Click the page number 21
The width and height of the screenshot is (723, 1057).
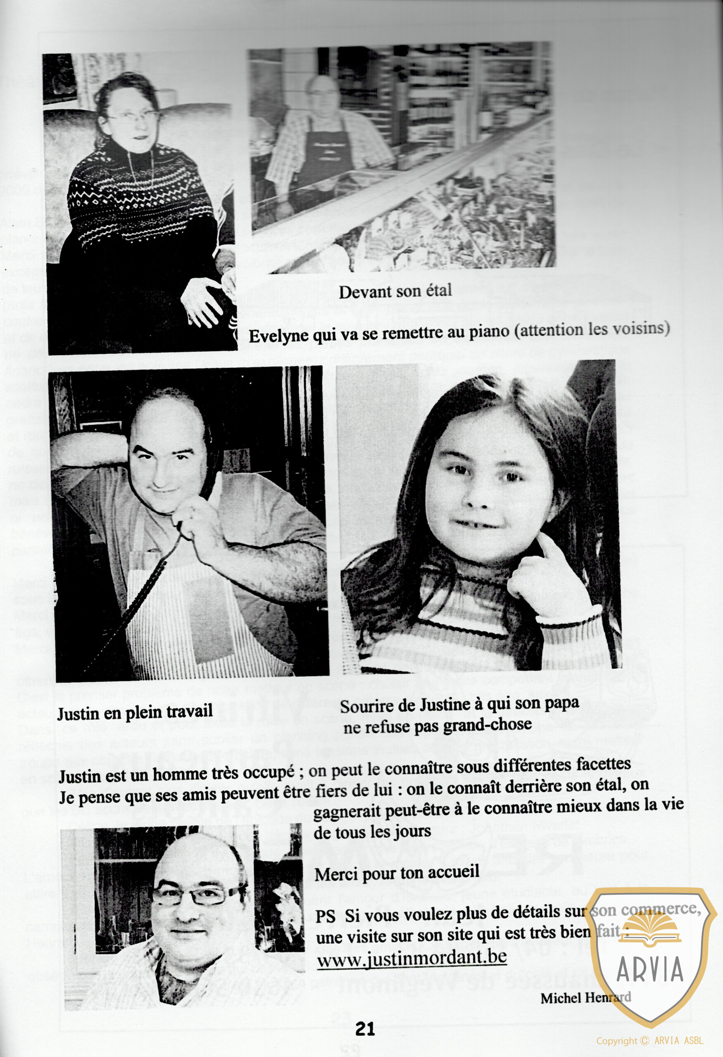pos(365,1029)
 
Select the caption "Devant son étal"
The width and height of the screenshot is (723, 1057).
pos(395,291)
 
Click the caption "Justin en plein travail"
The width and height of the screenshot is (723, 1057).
pos(135,712)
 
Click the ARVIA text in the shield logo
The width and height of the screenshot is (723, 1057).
pos(650,969)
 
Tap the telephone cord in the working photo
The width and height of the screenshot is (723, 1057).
pos(136,605)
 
